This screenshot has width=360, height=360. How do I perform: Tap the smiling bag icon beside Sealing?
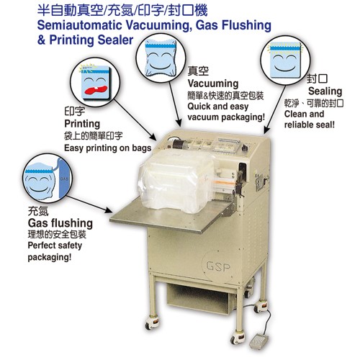(x=287, y=66)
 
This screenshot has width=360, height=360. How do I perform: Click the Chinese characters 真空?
(x=197, y=72)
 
